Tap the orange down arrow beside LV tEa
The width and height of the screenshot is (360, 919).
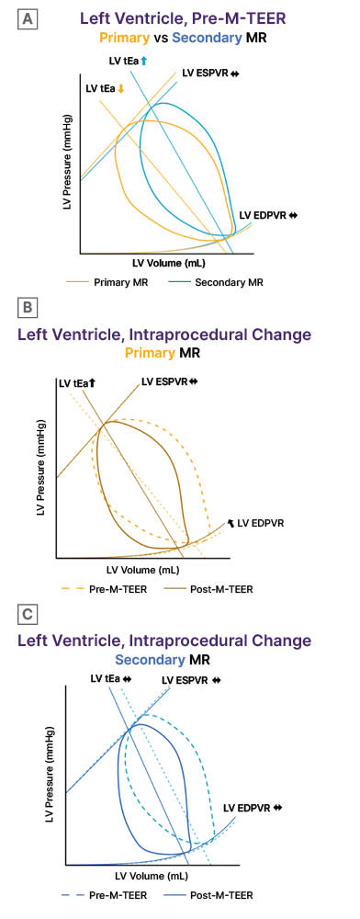120,89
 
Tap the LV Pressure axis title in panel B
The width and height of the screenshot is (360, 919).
41,468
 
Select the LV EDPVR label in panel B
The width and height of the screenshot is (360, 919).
256,523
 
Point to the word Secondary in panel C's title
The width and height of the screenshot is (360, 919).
150,659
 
